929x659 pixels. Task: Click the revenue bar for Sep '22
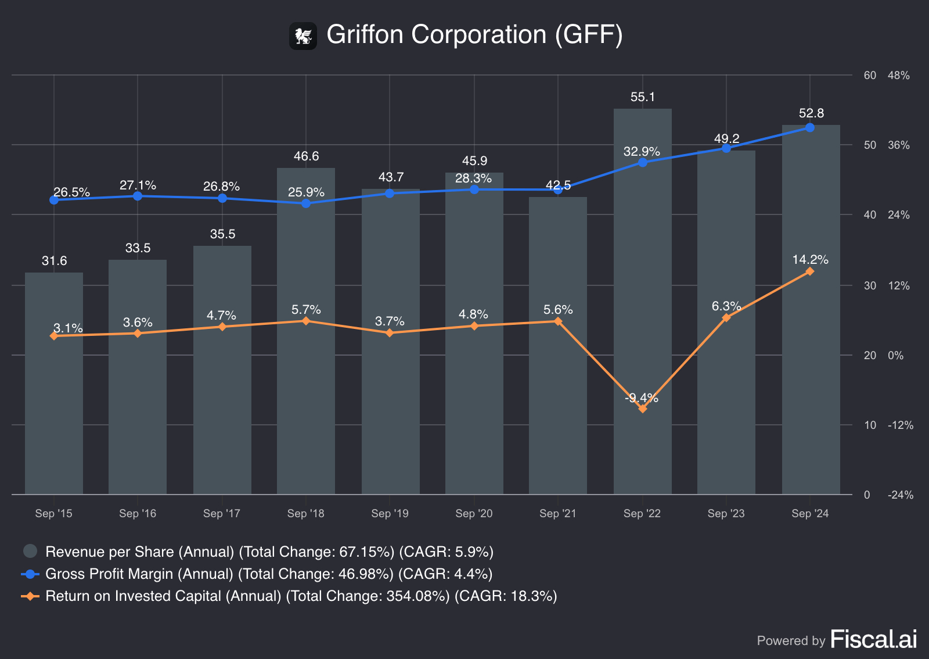642,302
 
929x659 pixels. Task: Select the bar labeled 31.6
54,384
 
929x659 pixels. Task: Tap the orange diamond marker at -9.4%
642,409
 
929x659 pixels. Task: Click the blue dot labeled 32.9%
642,162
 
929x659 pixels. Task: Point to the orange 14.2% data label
810,259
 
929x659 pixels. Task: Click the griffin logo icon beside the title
303,36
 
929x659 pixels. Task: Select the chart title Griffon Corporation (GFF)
474,35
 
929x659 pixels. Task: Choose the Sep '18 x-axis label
305,513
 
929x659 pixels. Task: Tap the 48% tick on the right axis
898,76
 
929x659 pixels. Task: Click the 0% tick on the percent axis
895,355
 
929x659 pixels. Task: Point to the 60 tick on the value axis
870,76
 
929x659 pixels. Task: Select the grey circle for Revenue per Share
30,551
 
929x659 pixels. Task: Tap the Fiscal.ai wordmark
873,639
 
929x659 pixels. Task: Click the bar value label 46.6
306,156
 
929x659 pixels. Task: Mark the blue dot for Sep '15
54,200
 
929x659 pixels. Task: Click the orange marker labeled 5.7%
306,321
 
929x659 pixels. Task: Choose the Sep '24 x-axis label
810,513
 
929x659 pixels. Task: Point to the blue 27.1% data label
138,185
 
